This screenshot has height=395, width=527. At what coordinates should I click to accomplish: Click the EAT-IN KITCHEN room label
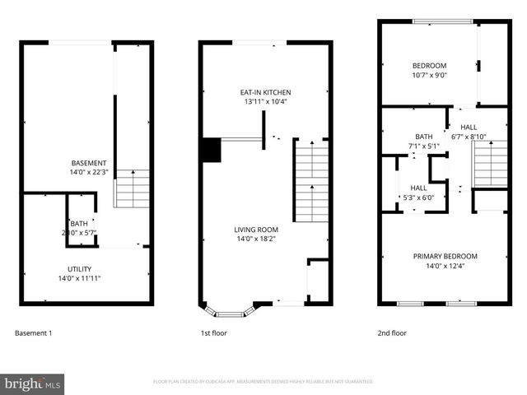(265, 92)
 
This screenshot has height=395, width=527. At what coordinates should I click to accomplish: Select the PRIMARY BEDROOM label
(445, 256)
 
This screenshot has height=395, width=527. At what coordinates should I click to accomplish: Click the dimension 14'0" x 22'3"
(89, 173)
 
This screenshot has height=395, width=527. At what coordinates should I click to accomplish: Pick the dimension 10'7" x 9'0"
(429, 76)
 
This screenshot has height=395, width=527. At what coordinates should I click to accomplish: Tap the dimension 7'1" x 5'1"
(424, 146)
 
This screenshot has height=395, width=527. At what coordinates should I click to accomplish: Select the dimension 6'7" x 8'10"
(469, 137)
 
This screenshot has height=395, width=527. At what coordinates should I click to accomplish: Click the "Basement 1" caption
(34, 333)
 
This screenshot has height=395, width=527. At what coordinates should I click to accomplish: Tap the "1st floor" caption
(214, 333)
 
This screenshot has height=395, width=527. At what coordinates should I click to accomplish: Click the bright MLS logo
(33, 383)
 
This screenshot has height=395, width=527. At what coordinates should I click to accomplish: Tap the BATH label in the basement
(79, 224)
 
